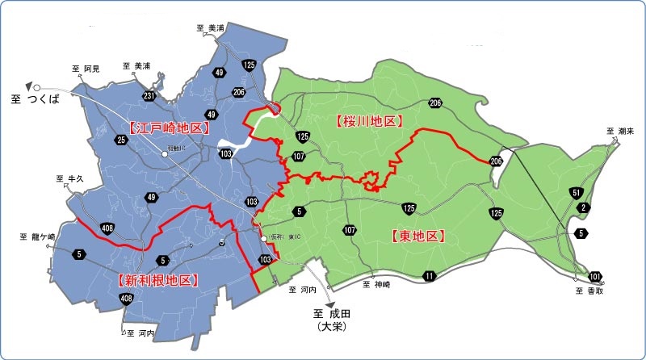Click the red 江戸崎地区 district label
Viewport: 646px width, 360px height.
pyautogui.click(x=168, y=128)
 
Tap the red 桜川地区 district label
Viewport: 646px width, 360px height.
pyautogui.click(x=368, y=120)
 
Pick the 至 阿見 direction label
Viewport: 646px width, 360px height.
pyautogui.click(x=86, y=69)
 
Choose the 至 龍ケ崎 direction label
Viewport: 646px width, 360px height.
pyautogui.click(x=36, y=237)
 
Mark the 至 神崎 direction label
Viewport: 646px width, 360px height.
pyautogui.click(x=377, y=284)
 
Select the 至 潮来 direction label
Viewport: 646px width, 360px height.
pyautogui.click(x=620, y=130)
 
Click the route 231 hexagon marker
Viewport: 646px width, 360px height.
pyautogui.click(x=149, y=96)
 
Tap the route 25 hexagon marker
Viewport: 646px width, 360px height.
pyautogui.click(x=122, y=140)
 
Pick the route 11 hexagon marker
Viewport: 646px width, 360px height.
pyautogui.click(x=429, y=277)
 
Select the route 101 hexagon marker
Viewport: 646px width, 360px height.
pyautogui.click(x=595, y=275)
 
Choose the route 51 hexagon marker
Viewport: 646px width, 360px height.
pyautogui.click(x=576, y=192)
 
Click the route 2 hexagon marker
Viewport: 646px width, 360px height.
pyautogui.click(x=583, y=208)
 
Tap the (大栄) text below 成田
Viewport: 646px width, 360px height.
pyautogui.click(x=330, y=329)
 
